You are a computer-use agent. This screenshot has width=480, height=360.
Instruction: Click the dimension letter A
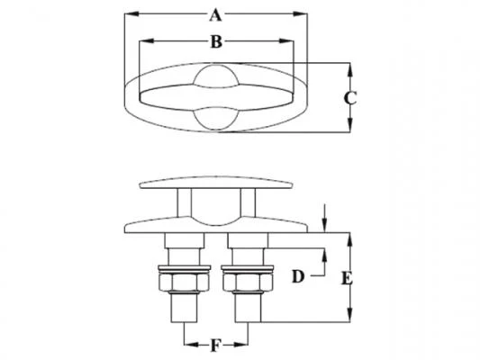click(x=215, y=15)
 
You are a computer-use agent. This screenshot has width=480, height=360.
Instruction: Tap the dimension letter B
click(x=216, y=42)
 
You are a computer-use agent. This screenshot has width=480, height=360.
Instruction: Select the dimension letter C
click(x=350, y=98)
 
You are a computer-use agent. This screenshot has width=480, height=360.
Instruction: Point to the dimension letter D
click(x=298, y=276)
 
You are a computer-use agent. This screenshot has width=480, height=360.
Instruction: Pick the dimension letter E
click(x=347, y=279)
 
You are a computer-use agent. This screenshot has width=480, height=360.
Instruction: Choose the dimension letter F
click(x=216, y=346)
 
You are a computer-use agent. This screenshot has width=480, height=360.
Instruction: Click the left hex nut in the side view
click(x=185, y=283)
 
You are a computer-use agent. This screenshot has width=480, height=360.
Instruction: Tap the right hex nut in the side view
click(x=248, y=283)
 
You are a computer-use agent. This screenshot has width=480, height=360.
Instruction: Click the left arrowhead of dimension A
click(x=132, y=13)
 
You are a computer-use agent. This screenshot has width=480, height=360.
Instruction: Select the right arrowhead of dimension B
click(x=286, y=41)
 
